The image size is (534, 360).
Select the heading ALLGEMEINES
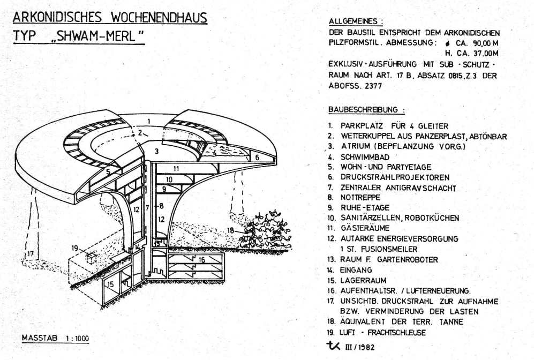point(356,21)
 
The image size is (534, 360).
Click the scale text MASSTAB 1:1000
point(55,339)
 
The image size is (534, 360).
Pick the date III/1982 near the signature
point(359,347)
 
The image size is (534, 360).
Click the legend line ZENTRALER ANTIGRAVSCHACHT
point(398,187)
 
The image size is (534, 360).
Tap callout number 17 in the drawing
point(30,253)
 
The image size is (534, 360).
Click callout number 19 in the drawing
point(74,248)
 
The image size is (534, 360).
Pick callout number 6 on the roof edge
point(257,157)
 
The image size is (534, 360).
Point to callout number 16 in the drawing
point(201,259)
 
